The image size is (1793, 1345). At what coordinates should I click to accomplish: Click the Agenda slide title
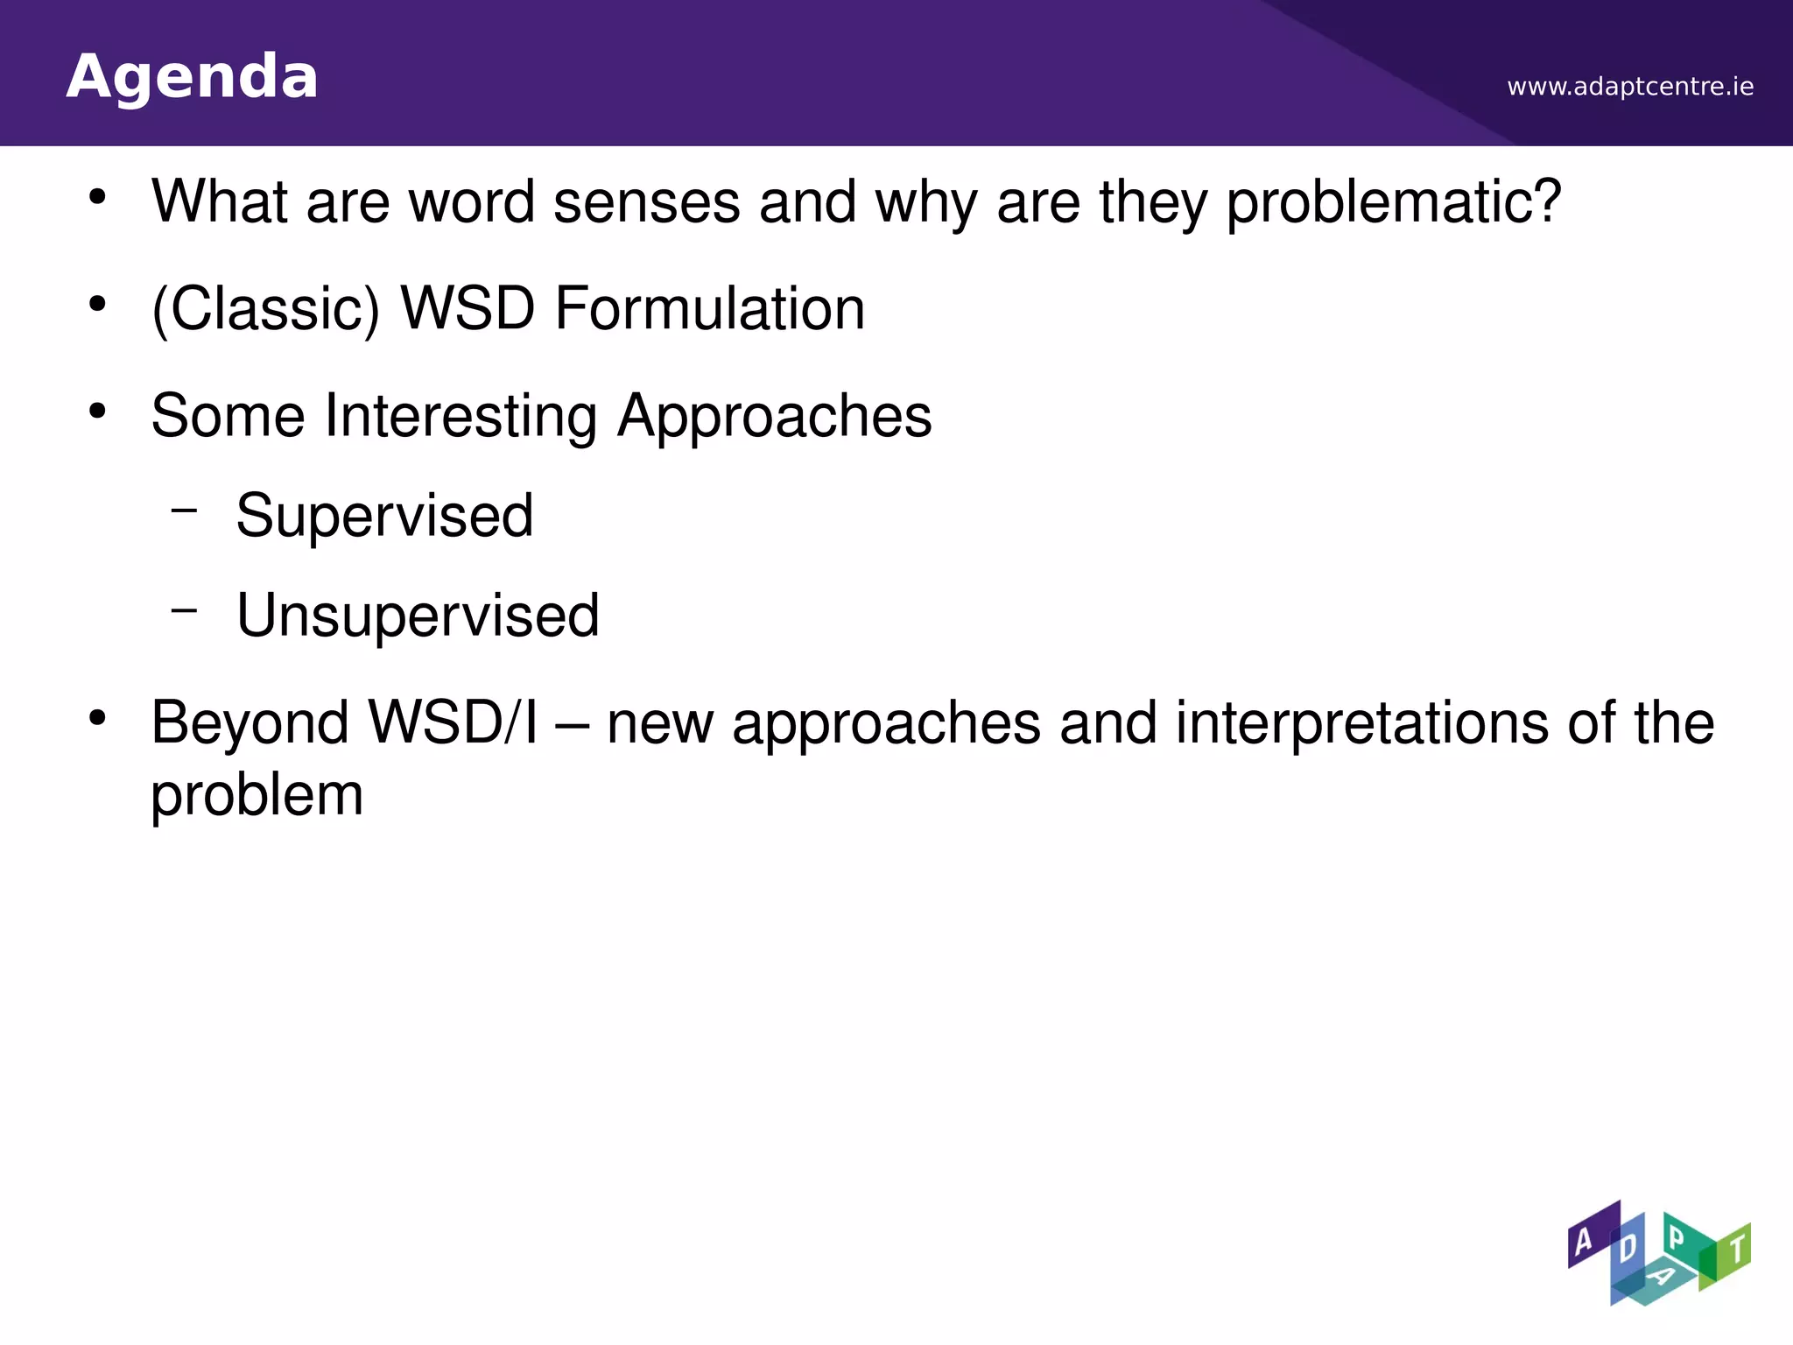pos(192,77)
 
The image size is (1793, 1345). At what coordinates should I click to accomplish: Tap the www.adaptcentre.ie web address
pos(1630,87)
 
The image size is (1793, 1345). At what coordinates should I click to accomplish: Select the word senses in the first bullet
pos(647,202)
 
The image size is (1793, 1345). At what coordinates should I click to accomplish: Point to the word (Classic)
pos(266,309)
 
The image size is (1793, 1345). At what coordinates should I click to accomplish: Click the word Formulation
pos(710,309)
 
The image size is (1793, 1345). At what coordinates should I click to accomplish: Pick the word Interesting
pos(461,415)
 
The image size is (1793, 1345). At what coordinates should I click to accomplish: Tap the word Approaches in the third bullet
pos(775,417)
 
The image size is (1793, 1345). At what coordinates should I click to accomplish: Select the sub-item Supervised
pos(384,516)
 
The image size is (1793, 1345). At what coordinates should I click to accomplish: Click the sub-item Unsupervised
pos(418,616)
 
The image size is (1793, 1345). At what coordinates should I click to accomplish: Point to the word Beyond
pos(250,723)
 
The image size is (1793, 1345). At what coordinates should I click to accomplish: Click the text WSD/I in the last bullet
pos(453,723)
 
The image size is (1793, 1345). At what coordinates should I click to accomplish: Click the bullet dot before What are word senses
pos(97,197)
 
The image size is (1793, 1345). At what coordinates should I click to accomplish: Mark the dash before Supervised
pos(185,508)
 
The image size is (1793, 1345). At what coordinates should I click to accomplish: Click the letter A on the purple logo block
pos(1584,1241)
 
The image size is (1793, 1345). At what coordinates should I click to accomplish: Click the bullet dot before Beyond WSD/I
pos(97,719)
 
